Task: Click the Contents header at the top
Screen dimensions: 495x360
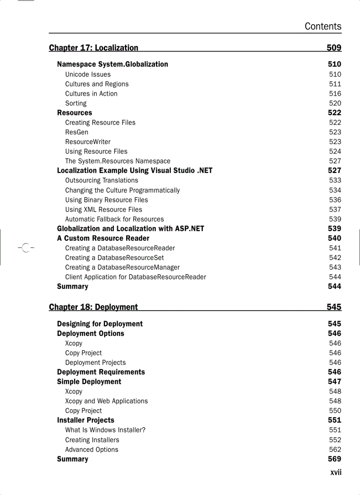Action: point(322,26)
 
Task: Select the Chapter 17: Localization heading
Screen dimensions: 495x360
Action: point(94,48)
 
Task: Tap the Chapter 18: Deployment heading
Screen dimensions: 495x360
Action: point(93,307)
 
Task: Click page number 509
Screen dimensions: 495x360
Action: point(334,48)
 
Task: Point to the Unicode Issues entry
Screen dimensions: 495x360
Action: point(88,74)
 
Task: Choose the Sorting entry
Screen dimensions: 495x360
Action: point(76,103)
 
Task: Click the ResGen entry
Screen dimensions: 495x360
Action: point(77,132)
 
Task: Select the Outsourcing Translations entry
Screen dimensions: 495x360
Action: point(101,180)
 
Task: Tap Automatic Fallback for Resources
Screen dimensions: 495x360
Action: point(114,219)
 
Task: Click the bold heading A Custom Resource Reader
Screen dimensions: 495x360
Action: point(103,238)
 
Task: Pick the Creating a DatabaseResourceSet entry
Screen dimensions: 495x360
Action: point(114,257)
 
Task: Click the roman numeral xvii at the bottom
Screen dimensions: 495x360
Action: point(336,472)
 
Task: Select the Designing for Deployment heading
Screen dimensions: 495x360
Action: point(100,324)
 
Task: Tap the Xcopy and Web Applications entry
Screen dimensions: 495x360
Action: point(106,401)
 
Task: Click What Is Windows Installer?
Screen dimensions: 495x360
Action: point(105,430)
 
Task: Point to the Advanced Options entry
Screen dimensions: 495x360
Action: point(92,450)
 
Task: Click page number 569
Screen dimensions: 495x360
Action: point(334,459)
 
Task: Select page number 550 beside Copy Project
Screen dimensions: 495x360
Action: point(335,411)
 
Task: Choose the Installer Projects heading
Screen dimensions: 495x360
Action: point(86,421)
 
